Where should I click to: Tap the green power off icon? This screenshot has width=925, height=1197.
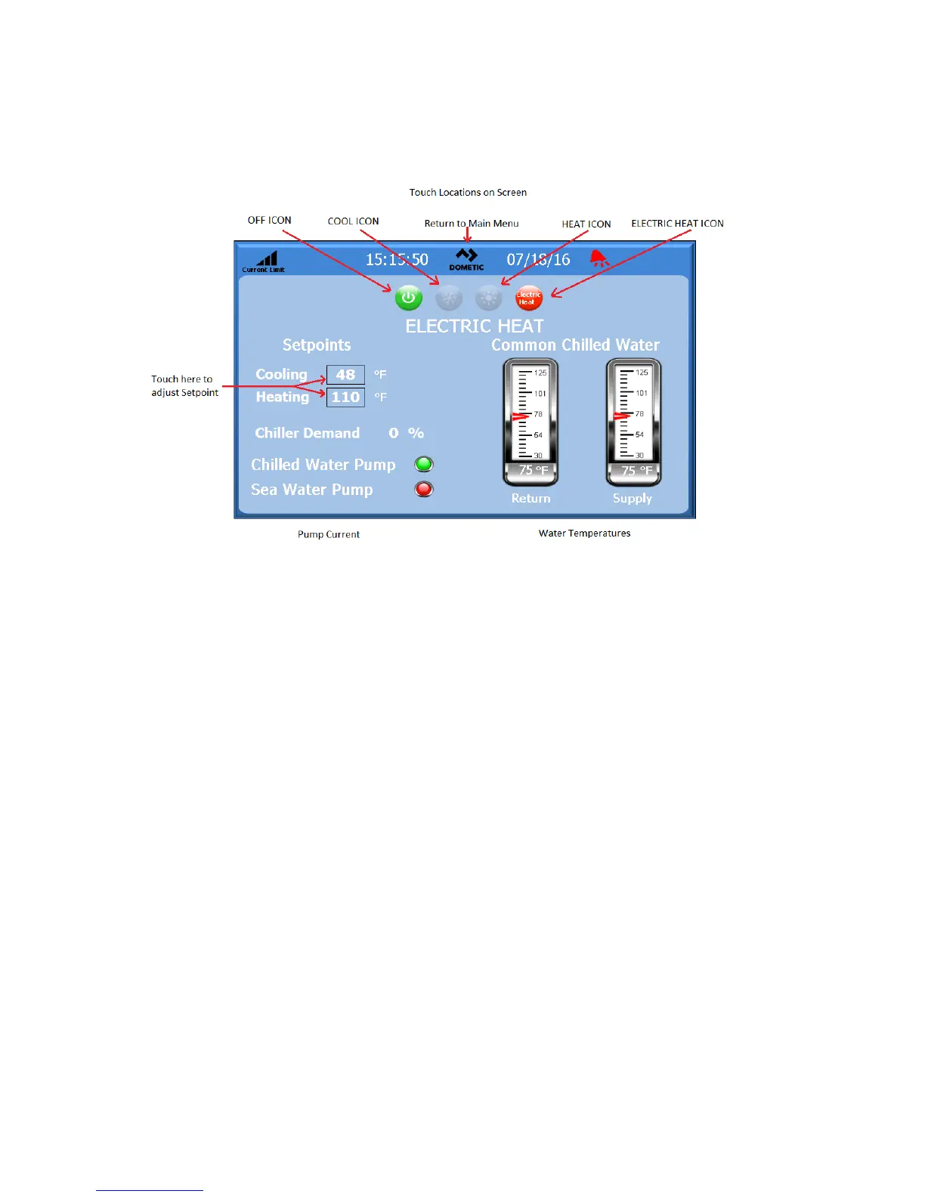coord(408,298)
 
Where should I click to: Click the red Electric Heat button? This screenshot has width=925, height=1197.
coord(529,298)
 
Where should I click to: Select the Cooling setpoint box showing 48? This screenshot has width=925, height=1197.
coord(345,375)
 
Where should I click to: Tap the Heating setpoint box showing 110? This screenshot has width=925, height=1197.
coord(345,397)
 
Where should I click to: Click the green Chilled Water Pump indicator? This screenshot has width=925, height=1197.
coord(424,464)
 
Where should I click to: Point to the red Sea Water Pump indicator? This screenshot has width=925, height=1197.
coord(424,489)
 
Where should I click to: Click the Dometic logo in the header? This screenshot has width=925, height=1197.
coord(466,259)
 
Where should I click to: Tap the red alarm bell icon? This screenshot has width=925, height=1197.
coord(599,259)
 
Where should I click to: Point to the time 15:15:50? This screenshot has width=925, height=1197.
coord(397,260)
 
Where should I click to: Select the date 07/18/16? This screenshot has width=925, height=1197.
coord(538,260)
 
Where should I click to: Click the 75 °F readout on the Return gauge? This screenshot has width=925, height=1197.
coord(532,470)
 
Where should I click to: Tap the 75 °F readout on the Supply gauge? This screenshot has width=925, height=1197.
coord(636,470)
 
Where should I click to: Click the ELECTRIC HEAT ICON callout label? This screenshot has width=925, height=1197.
coord(677,224)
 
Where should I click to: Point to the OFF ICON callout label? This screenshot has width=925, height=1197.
coord(269,221)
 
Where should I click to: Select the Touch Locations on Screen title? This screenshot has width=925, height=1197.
coord(468,193)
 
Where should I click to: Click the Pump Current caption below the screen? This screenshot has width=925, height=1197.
coord(328,534)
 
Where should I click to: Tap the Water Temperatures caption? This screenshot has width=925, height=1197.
coord(584,534)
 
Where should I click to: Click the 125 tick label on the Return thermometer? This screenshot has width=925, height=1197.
coord(540,373)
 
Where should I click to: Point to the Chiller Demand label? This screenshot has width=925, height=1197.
coord(307,433)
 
